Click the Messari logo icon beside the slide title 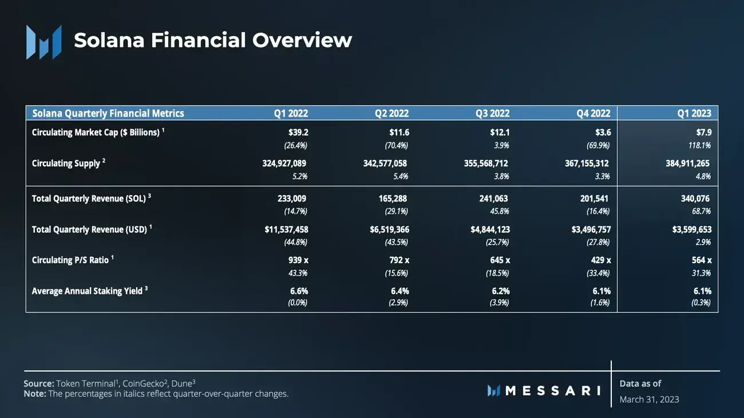pos(43,42)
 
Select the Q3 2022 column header pos(492,113)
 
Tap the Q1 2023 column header pos(694,113)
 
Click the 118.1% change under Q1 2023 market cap pos(699,145)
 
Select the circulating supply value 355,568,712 pos(486,163)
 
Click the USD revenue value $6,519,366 pos(389,229)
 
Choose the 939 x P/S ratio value pos(298,260)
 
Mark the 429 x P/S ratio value pos(600,260)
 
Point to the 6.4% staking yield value pos(399,291)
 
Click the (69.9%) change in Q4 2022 pos(598,145)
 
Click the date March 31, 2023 pos(649,399)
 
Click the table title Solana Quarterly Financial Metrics pos(108,113)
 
